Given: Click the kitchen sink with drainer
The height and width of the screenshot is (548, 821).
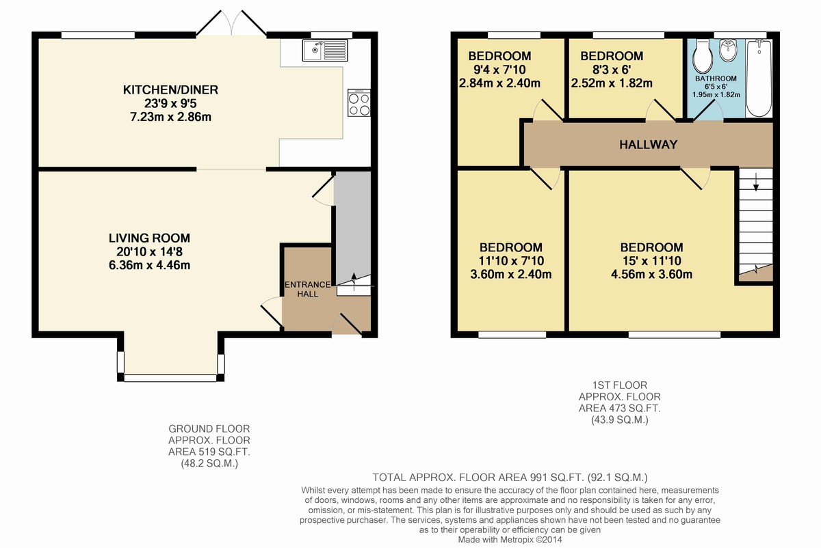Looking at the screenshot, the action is pyautogui.click(x=325, y=51).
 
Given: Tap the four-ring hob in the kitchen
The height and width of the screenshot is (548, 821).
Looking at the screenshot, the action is pyautogui.click(x=359, y=103).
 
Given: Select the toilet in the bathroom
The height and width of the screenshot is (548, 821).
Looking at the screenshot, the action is pyautogui.click(x=703, y=56).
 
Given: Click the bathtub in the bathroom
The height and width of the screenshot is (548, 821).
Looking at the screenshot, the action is pyautogui.click(x=759, y=79).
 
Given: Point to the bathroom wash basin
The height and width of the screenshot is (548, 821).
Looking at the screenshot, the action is pyautogui.click(x=727, y=51).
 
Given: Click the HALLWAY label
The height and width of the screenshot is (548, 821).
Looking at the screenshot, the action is pyautogui.click(x=648, y=145).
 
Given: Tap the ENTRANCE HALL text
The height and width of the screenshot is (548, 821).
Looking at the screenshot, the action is pyautogui.click(x=307, y=289).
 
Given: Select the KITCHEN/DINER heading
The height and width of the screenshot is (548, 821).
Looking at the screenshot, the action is pyautogui.click(x=170, y=90).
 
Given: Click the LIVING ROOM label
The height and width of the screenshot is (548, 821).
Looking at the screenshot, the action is pyautogui.click(x=149, y=238).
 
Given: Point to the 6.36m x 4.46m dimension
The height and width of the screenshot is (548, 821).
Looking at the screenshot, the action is pyautogui.click(x=149, y=265).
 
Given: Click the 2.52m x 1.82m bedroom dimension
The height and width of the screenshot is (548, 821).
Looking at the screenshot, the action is pyautogui.click(x=612, y=83).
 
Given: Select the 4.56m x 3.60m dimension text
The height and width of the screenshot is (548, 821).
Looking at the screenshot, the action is pyautogui.click(x=651, y=274).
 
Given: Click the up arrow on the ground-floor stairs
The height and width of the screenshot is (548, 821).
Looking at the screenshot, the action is pyautogui.click(x=354, y=282).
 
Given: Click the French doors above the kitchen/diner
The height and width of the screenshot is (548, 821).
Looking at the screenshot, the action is pyautogui.click(x=231, y=23).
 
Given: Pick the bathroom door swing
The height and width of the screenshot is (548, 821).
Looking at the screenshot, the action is pyautogui.click(x=708, y=110).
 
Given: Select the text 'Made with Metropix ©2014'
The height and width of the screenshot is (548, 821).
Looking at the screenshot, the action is pyautogui.click(x=510, y=540).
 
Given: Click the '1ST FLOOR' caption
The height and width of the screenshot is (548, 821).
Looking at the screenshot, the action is pyautogui.click(x=620, y=385).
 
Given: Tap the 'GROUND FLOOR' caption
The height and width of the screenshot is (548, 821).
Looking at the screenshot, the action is pyautogui.click(x=209, y=428).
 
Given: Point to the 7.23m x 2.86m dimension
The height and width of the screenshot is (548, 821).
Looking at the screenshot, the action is pyautogui.click(x=170, y=117).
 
